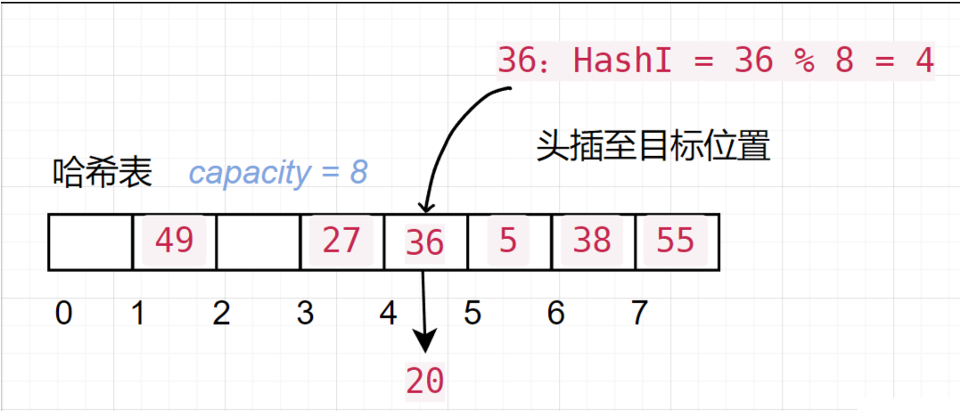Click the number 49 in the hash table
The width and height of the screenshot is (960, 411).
point(174,240)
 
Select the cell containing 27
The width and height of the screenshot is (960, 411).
point(341,240)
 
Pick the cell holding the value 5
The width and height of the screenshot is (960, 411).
point(508,240)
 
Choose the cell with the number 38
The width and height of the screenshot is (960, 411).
point(593,240)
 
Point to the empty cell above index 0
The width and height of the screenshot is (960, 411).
point(90,242)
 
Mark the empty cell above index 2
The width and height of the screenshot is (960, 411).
point(258,242)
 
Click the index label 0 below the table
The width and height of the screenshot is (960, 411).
point(63,313)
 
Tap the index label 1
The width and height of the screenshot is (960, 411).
point(138,313)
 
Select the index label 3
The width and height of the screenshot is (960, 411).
point(306,313)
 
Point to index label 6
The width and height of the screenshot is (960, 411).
point(556,313)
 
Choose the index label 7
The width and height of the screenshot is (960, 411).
point(637,313)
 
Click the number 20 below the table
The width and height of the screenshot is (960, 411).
point(424,382)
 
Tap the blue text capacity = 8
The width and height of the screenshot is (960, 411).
point(278,172)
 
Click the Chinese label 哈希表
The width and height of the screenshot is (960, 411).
point(103,172)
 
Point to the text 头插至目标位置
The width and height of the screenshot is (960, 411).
point(653,145)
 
